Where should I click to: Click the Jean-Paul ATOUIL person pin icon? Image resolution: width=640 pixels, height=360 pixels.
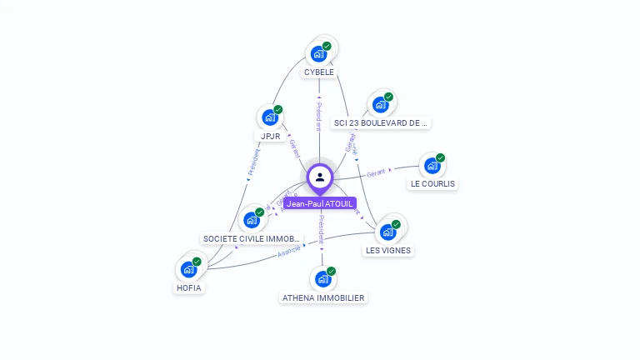pos(320,177)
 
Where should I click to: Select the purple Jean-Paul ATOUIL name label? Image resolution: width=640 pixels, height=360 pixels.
pos(320,203)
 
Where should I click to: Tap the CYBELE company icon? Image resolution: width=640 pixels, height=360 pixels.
pos(318,54)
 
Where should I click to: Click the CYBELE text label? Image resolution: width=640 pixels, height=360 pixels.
pos(319,72)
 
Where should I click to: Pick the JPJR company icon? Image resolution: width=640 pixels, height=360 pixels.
pos(270,117)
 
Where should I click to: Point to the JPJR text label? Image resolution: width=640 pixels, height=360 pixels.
pos(270,136)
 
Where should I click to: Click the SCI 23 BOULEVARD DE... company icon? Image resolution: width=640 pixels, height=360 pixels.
pos(380,105)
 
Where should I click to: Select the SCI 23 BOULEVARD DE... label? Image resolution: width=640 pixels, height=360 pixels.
pos(381,123)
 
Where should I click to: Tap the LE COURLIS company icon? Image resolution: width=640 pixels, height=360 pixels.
pos(432,166)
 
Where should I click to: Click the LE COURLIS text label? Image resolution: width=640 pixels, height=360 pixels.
pos(433,184)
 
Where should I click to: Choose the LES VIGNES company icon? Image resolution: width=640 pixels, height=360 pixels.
pos(387,232)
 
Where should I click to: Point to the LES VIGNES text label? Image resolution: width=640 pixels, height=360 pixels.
pos(388,250)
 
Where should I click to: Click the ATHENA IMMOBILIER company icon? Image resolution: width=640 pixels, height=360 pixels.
pos(322,279)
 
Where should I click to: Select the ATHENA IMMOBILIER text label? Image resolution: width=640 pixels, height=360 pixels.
pos(323,297)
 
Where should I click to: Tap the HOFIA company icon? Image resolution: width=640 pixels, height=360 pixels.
pos(188,270)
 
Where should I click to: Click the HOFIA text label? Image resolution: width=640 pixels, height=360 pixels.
pos(189,288)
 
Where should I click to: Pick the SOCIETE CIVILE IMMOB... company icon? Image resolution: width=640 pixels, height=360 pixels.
pos(251,221)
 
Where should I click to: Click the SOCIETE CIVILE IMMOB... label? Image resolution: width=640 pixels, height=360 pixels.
pos(252,239)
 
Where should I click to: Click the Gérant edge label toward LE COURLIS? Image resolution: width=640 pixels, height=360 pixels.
pos(376,172)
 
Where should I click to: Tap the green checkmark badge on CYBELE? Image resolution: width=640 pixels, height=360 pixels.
pos(327,46)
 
